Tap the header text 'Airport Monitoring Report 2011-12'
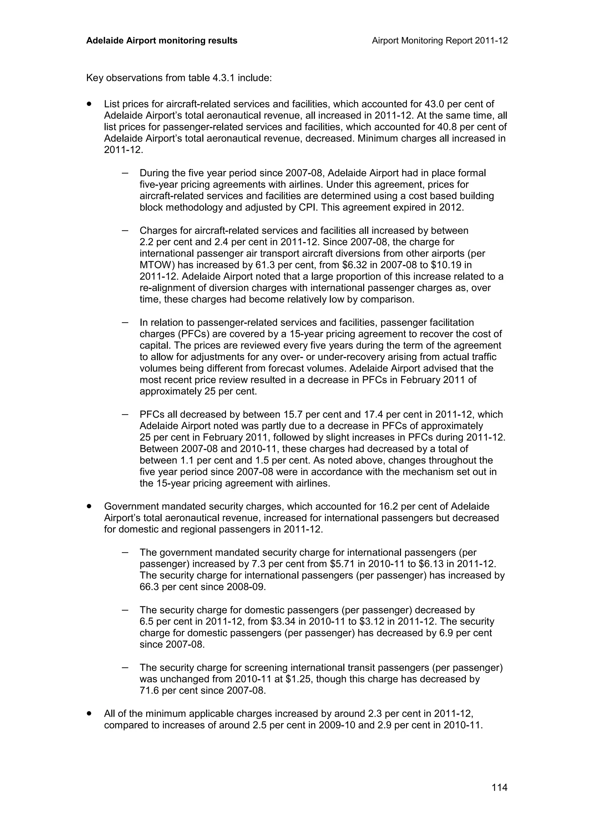coord(439,41)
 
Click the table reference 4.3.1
coord(224,78)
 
